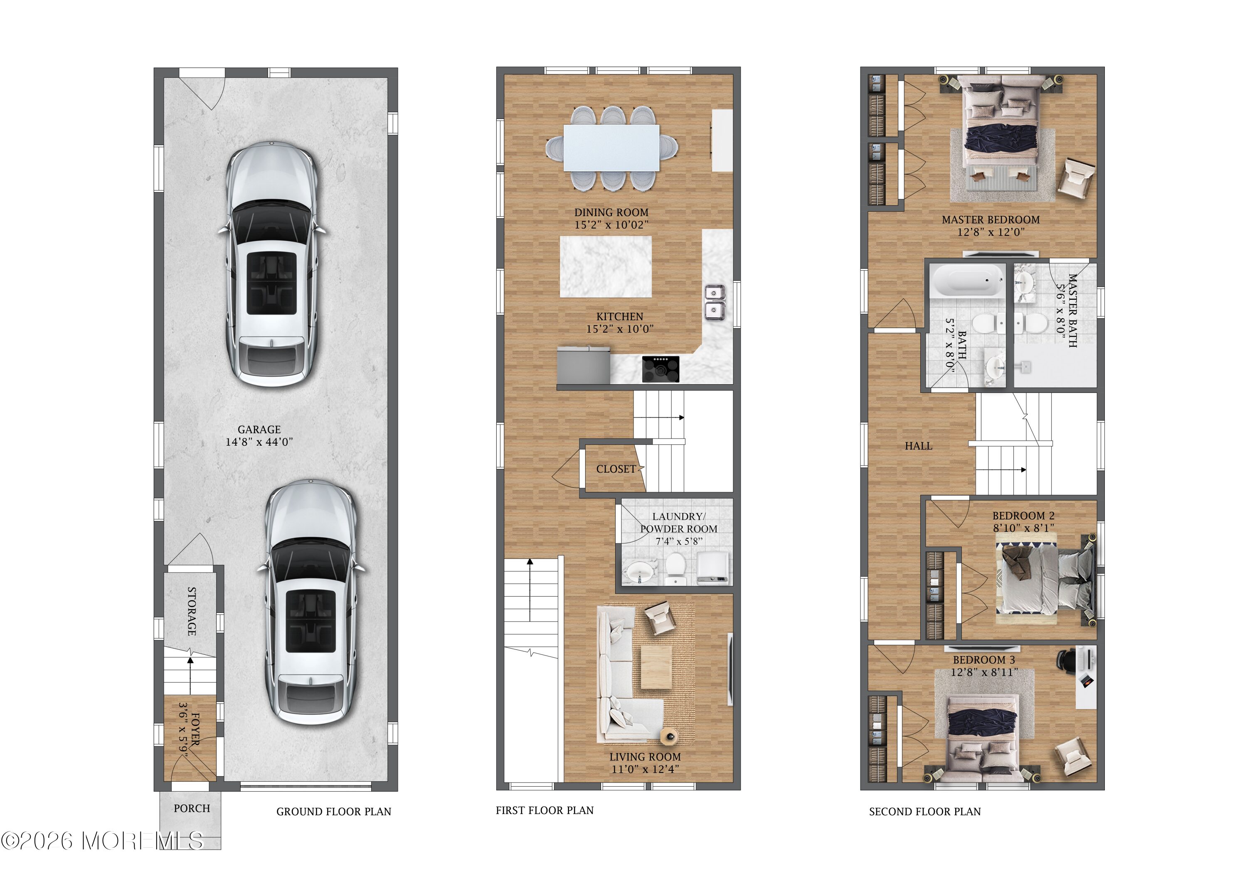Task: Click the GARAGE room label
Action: point(259,429)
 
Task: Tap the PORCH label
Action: point(192,809)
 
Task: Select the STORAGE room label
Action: point(192,611)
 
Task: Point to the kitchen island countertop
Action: point(606,267)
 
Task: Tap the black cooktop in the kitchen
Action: point(660,369)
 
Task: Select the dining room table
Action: point(611,148)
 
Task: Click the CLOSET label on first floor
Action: point(616,469)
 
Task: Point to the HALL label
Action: point(918,447)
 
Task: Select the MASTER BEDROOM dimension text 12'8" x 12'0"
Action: point(991,232)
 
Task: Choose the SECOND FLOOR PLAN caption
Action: point(925,812)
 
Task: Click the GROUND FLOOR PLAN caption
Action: point(333,812)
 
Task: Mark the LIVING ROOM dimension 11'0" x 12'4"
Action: point(645,770)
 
